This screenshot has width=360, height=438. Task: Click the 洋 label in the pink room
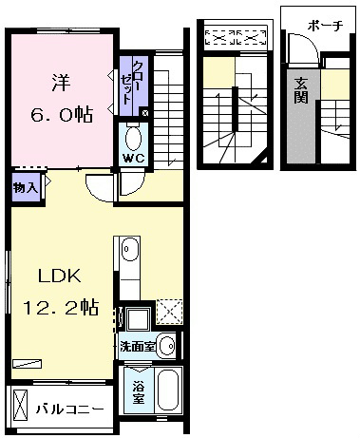click(61, 82)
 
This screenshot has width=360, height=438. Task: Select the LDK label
click(60, 276)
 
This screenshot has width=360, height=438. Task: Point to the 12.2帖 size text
click(61, 307)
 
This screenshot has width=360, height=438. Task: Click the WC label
click(133, 159)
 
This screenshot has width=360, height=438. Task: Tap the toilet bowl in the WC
click(133, 139)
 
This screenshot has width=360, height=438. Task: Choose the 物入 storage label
click(26, 188)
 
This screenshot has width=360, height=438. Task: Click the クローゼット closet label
click(132, 82)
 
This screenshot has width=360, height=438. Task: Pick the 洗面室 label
click(138, 347)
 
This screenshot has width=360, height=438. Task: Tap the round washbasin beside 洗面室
click(167, 346)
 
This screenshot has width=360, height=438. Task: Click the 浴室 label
click(139, 392)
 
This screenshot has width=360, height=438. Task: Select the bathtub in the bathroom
click(168, 390)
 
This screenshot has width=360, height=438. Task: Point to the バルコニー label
click(69, 409)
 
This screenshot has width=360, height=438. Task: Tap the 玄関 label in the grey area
click(301, 91)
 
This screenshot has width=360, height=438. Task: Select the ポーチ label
click(325, 26)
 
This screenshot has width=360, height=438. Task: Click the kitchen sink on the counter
click(130, 249)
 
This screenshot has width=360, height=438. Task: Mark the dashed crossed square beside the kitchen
click(170, 312)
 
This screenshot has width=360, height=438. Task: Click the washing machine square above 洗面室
click(138, 319)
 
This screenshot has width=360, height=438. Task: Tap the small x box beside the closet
click(145, 113)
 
